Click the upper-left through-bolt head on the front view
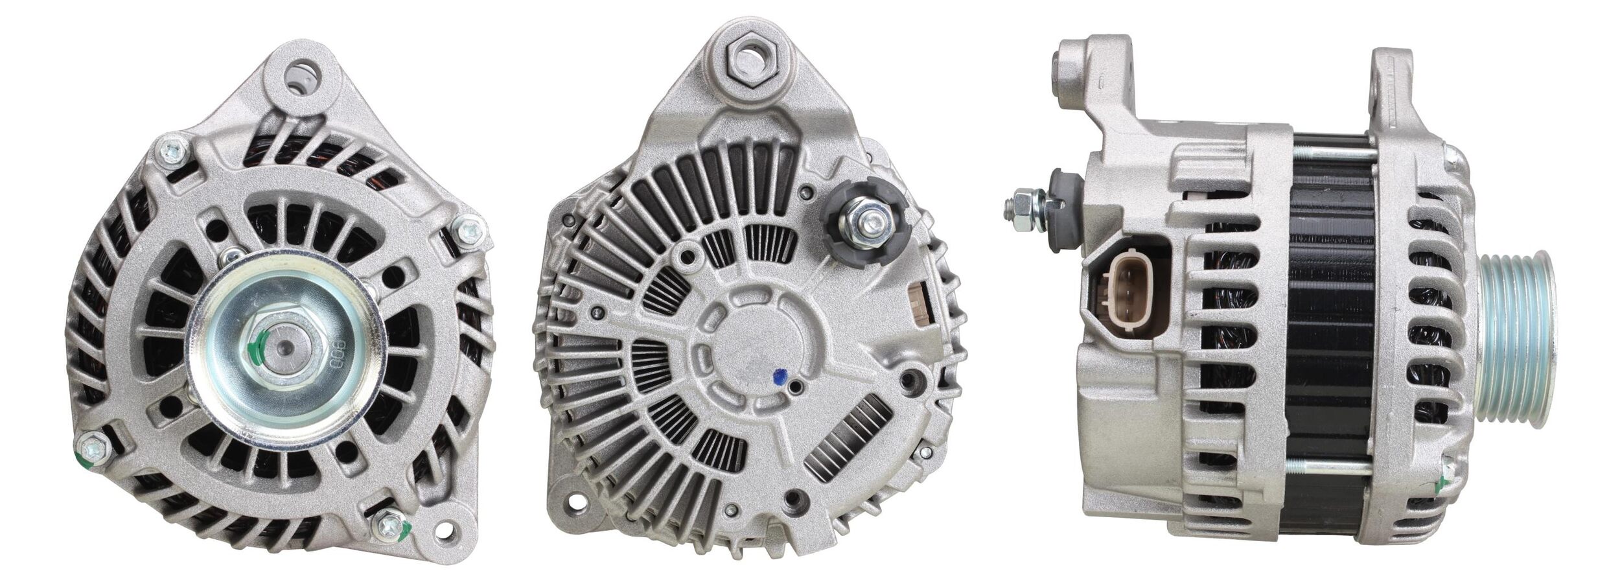tap(174, 150)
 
